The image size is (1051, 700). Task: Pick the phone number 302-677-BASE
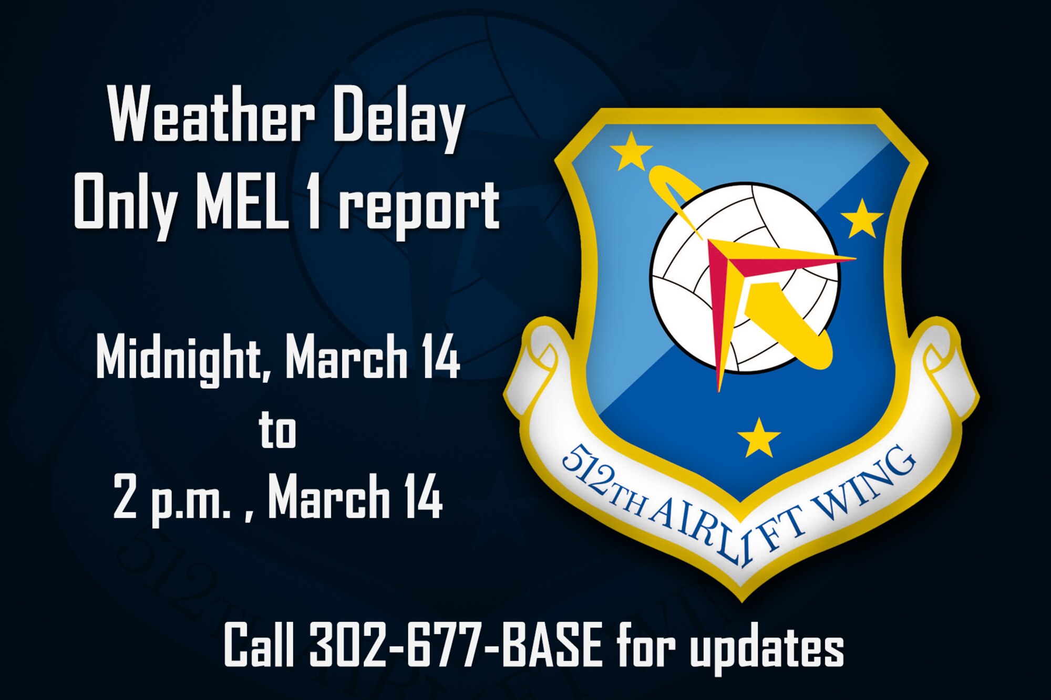[455, 645]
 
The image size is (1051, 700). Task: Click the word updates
[767, 647]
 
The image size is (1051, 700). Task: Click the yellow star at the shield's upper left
[631, 151]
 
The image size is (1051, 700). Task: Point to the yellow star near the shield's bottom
[758, 437]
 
